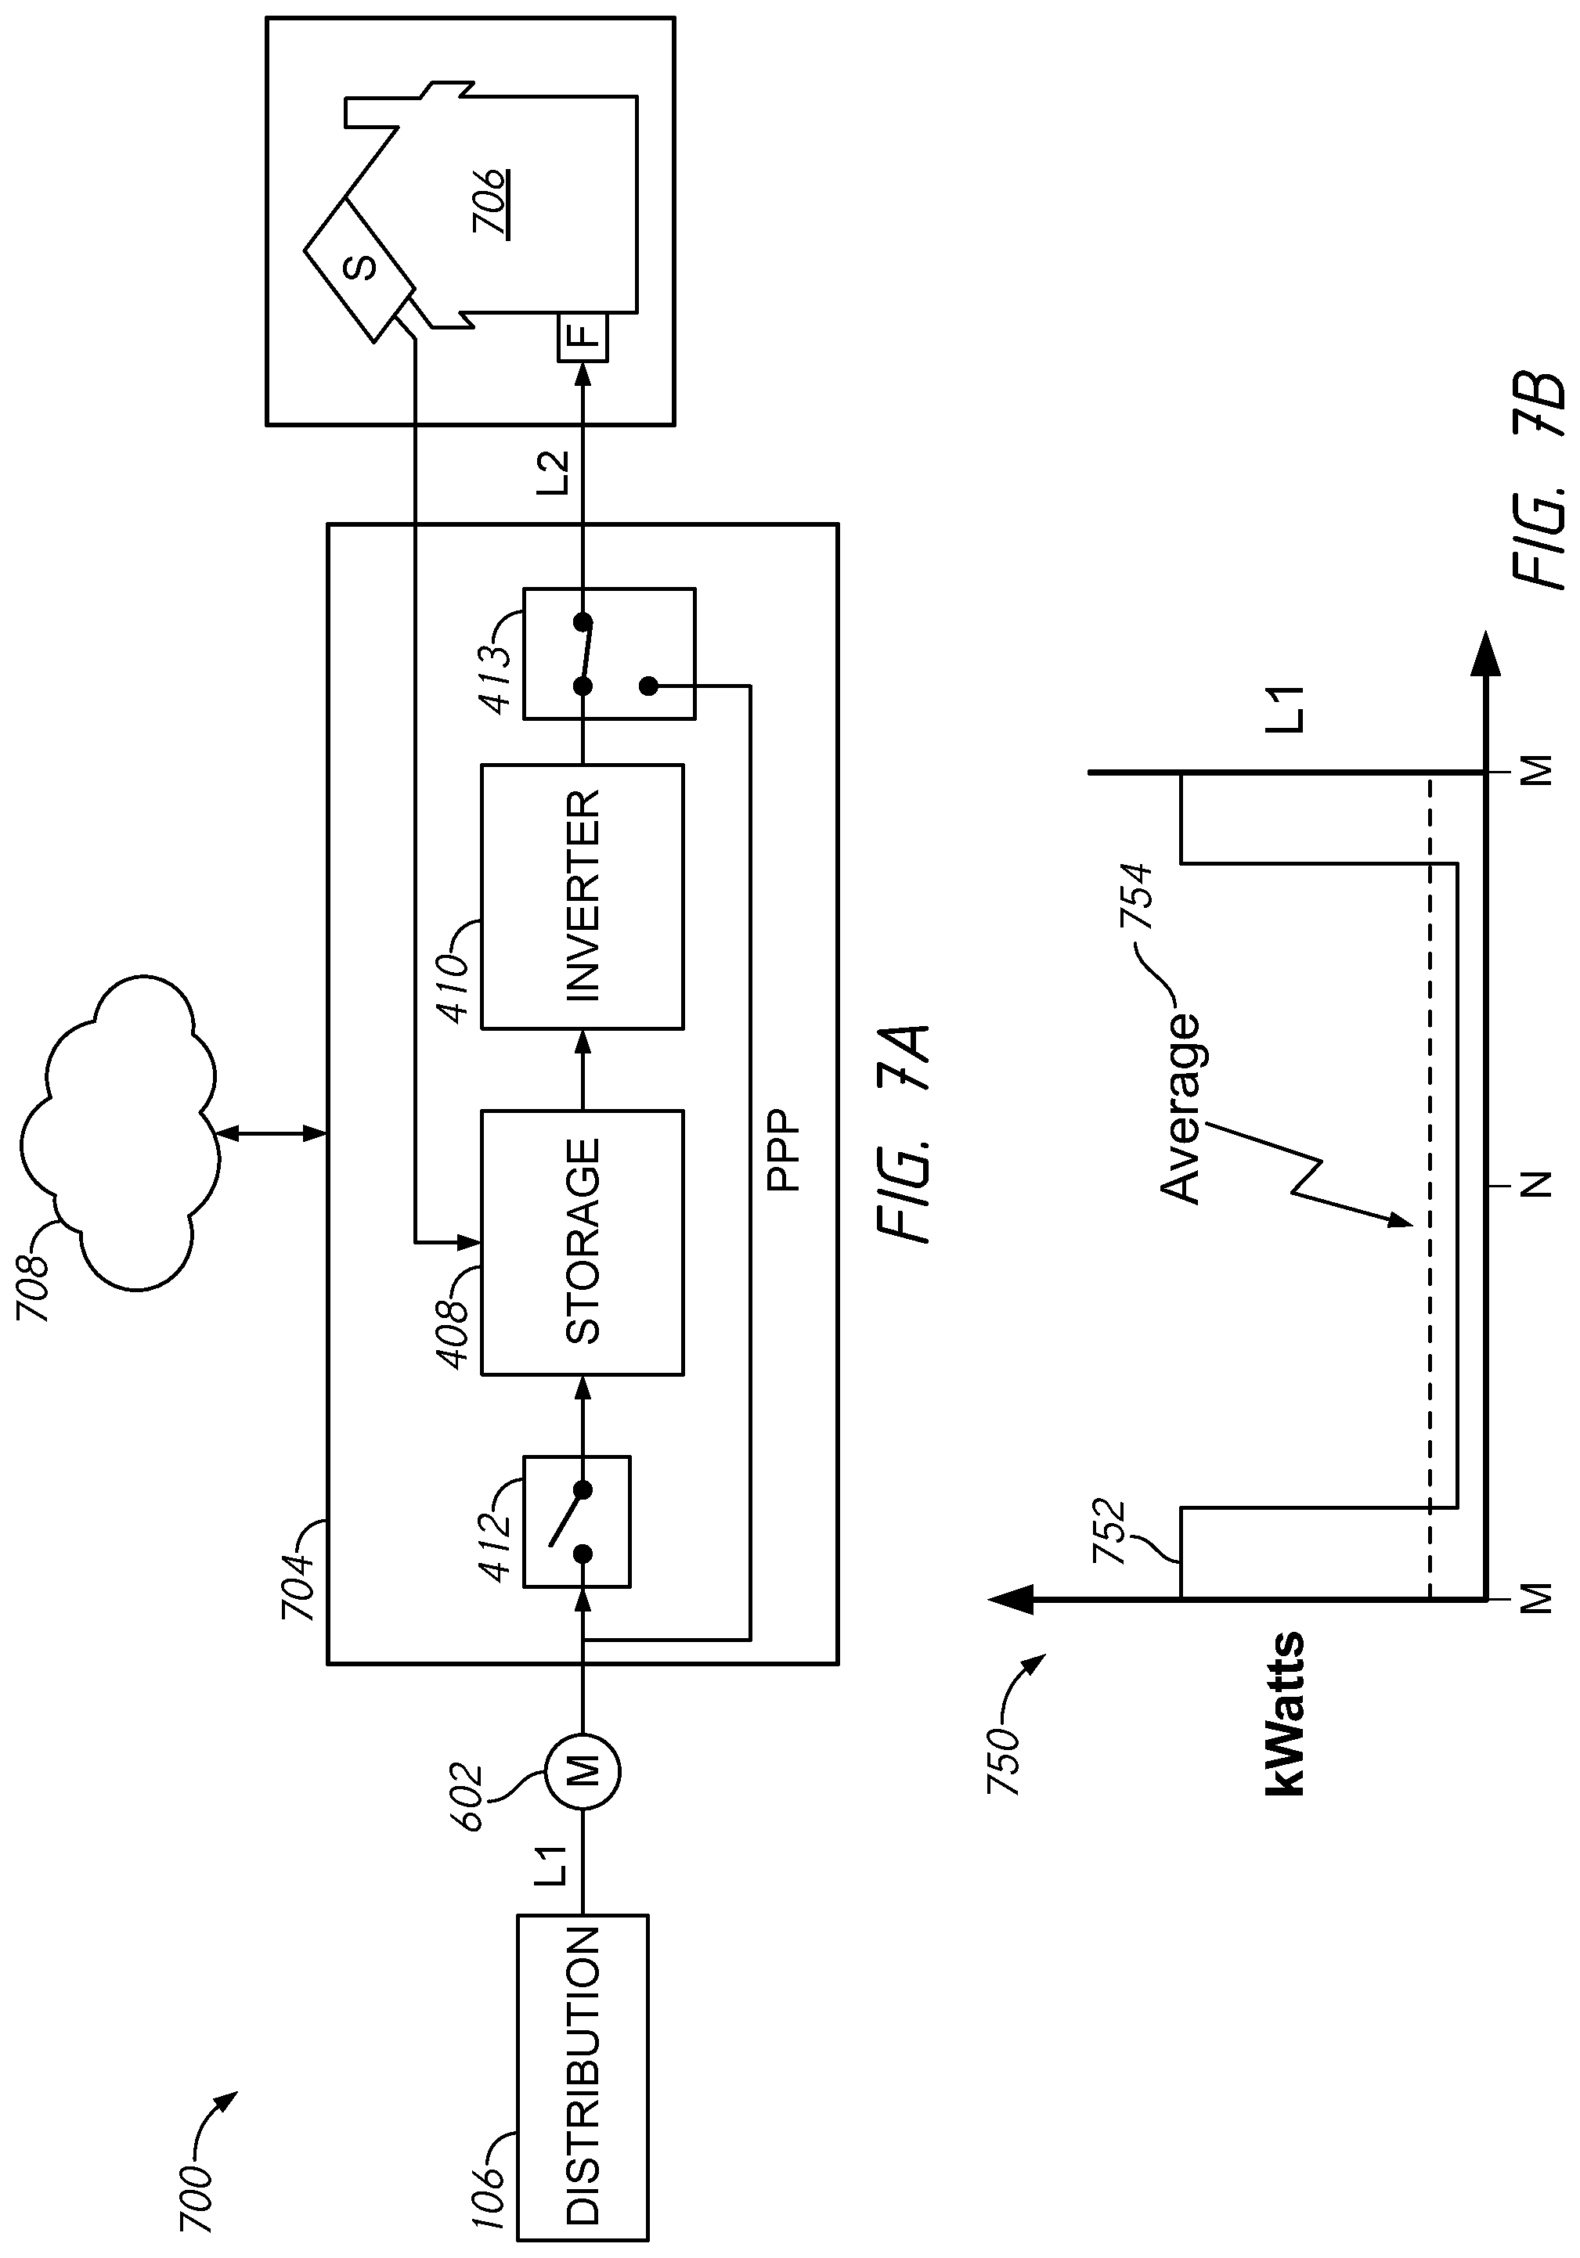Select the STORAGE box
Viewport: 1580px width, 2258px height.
583,1242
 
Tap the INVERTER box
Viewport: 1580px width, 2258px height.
583,896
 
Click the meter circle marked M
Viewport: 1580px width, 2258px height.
584,1772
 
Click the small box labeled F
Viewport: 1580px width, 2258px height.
584,337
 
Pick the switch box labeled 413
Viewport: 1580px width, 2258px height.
609,654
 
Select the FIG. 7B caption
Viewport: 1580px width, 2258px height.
1535,480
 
